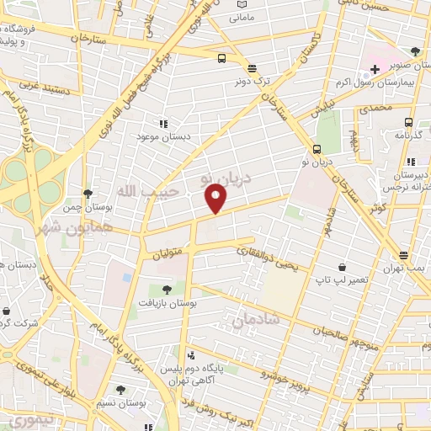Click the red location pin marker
217,200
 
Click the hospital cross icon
374,68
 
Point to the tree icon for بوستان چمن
88,193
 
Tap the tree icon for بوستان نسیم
120,390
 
